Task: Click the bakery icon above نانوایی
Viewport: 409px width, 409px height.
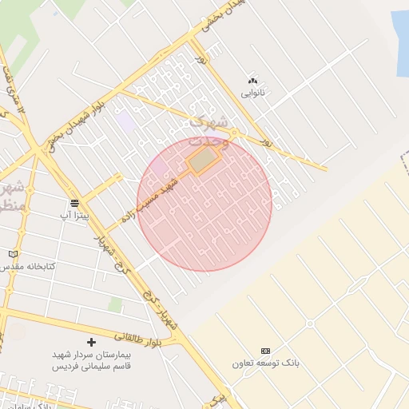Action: click(253, 81)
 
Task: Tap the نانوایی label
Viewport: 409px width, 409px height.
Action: click(253, 93)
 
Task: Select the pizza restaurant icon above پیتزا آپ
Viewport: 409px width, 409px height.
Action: click(74, 203)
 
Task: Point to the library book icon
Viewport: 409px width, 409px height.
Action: click(11, 254)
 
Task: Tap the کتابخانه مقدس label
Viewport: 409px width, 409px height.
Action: click(28, 265)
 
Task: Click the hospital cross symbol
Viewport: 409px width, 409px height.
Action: click(92, 342)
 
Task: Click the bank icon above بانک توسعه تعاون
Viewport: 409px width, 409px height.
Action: click(265, 351)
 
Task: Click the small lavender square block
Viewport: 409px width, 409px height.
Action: click(125, 123)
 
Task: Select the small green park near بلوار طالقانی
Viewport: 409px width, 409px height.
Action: click(116, 305)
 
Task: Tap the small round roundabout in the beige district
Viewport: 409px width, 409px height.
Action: click(310, 324)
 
